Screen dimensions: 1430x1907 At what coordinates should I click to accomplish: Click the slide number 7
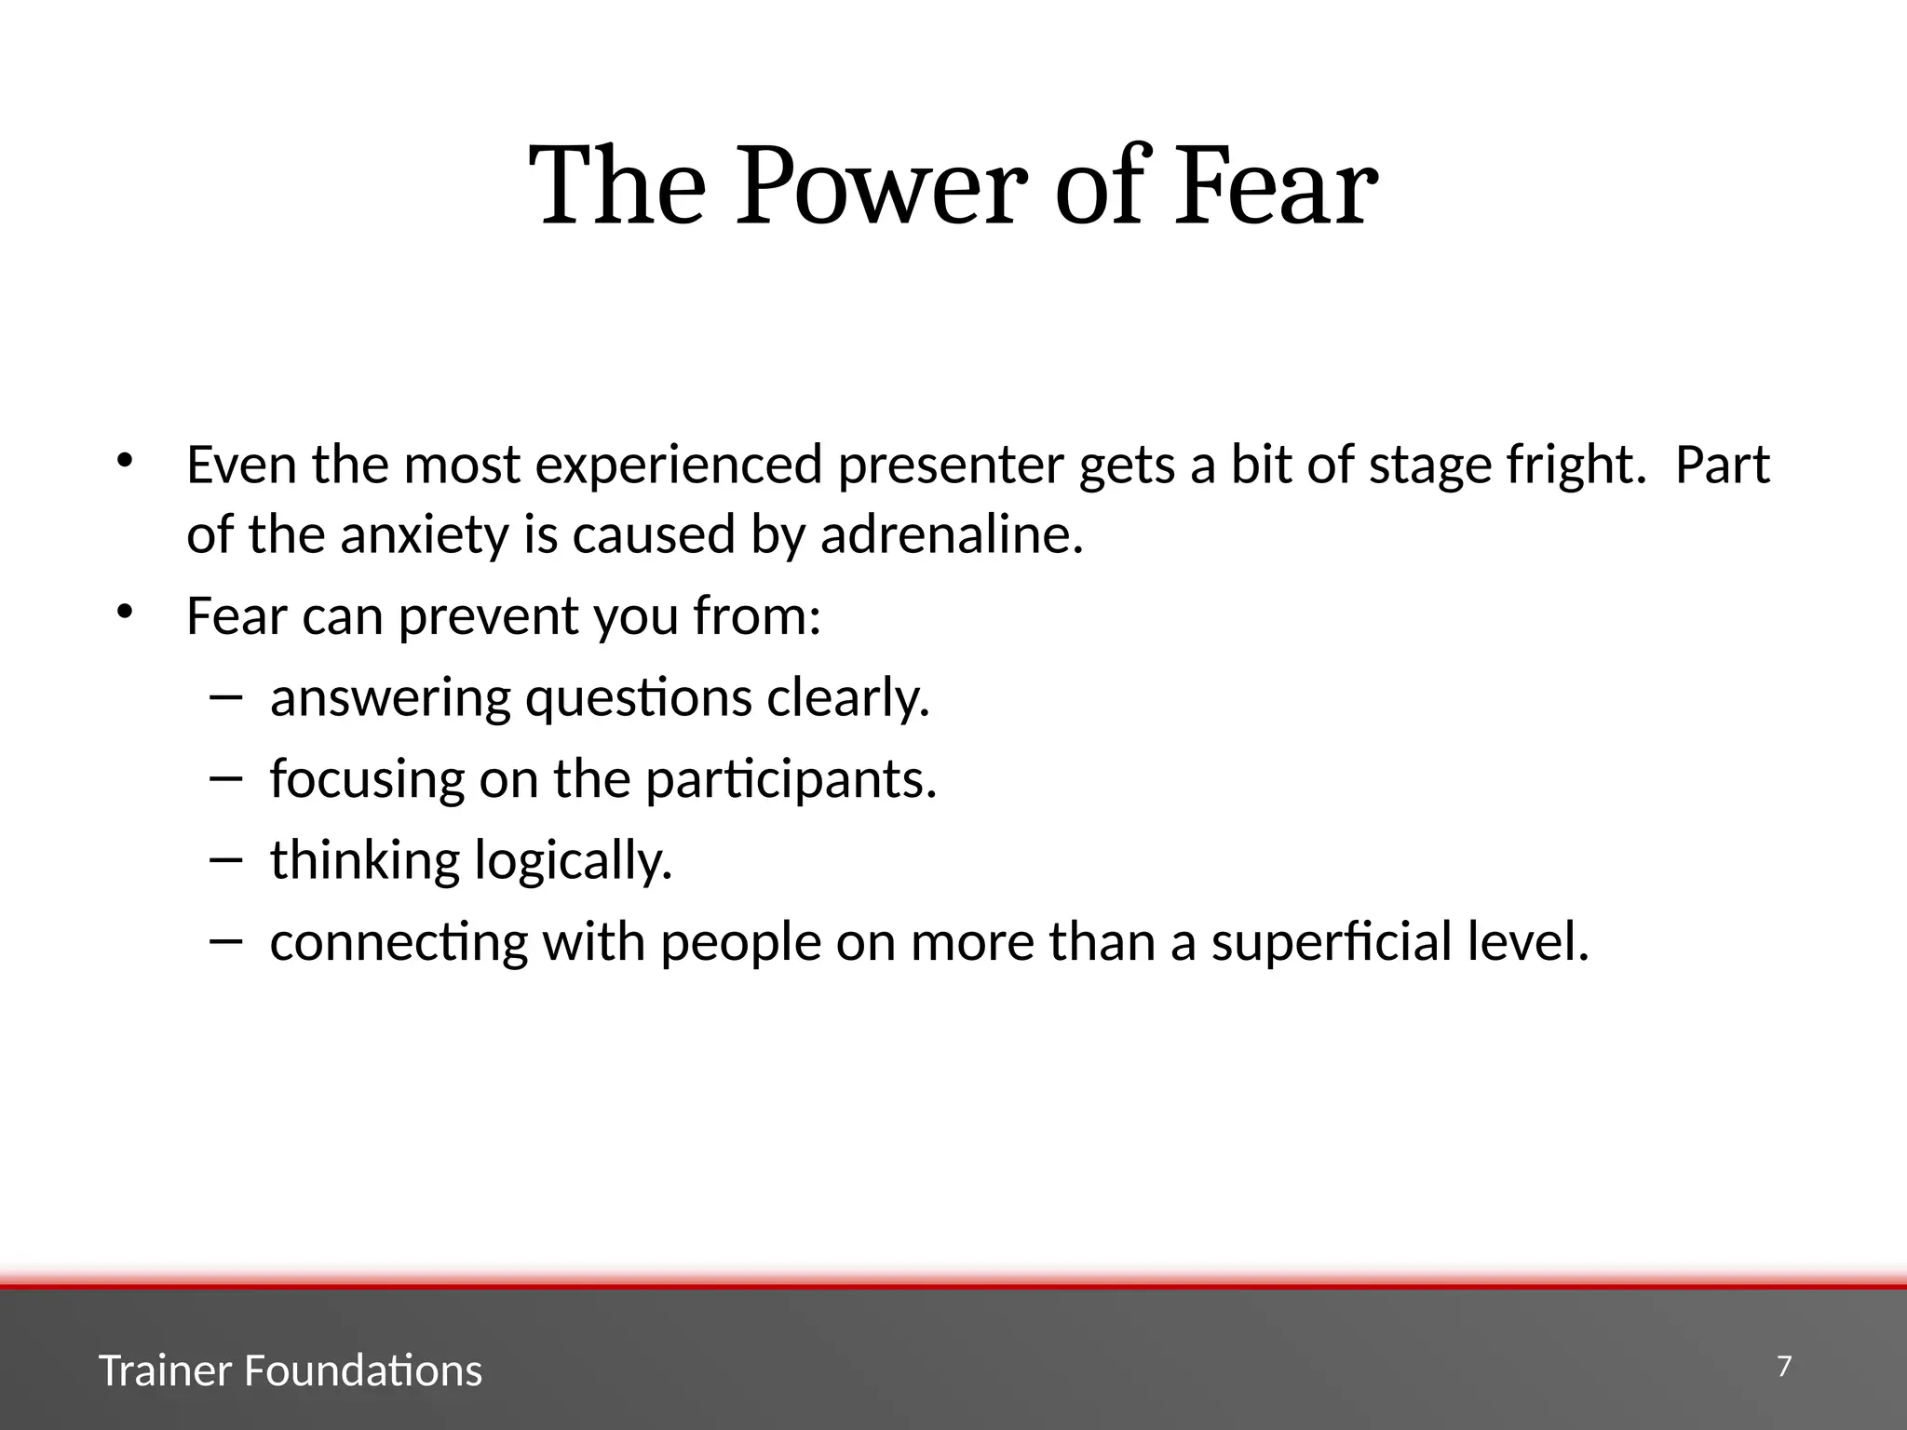pyautogui.click(x=1784, y=1367)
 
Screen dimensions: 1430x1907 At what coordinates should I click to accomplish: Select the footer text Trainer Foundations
pyautogui.click(x=291, y=1370)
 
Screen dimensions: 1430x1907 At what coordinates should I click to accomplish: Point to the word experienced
pyautogui.click(x=679, y=465)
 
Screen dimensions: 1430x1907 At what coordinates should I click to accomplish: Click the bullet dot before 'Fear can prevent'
pyautogui.click(x=126, y=612)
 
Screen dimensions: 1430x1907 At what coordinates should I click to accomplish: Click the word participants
pyautogui.click(x=791, y=779)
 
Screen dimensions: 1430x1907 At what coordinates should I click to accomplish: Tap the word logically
pyautogui.click(x=573, y=860)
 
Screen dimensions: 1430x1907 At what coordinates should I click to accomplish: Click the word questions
pyautogui.click(x=638, y=698)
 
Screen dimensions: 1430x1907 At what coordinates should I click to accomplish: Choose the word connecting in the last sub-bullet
pyautogui.click(x=399, y=942)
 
